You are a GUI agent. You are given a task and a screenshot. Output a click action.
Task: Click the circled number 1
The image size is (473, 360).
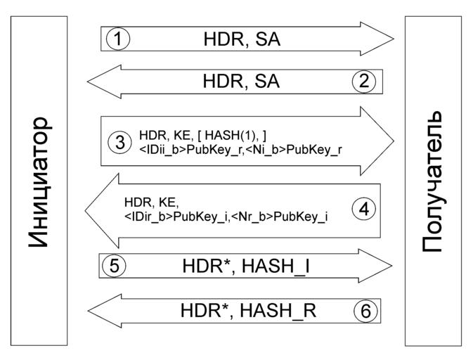click(119, 39)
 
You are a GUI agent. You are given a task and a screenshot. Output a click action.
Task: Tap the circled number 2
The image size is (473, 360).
click(364, 82)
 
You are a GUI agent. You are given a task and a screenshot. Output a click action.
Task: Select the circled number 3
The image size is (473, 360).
click(119, 141)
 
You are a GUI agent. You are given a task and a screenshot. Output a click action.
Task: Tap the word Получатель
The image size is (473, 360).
click(433, 181)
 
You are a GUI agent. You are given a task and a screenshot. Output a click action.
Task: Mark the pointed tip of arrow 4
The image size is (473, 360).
click(86, 208)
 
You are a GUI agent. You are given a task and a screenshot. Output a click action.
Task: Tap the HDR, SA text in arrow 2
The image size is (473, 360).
click(241, 82)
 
